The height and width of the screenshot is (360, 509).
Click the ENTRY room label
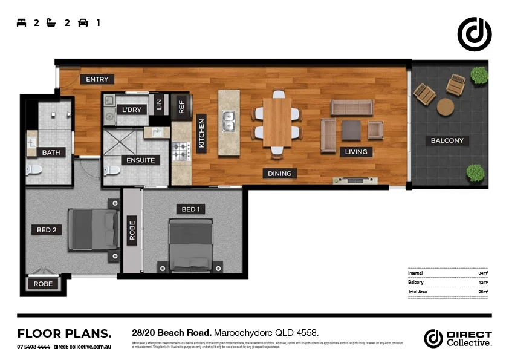[97, 79]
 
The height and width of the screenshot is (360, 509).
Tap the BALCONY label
[447, 140]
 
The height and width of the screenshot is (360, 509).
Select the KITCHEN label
[202, 134]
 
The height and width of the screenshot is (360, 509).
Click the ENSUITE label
[141, 160]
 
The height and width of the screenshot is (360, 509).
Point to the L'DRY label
[131, 110]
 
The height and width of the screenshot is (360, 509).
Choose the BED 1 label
[189, 209]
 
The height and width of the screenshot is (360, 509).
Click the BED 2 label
[46, 230]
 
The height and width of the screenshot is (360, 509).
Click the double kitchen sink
[229, 120]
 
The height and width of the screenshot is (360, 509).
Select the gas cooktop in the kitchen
[180, 151]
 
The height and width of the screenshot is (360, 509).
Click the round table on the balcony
[446, 107]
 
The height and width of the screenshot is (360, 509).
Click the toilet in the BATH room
[34, 169]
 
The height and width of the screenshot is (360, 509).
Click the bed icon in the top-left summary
[22, 23]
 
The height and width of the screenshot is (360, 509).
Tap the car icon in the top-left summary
[83, 23]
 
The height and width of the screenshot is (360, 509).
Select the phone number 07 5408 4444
[33, 347]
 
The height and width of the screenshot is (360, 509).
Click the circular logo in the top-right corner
[475, 34]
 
